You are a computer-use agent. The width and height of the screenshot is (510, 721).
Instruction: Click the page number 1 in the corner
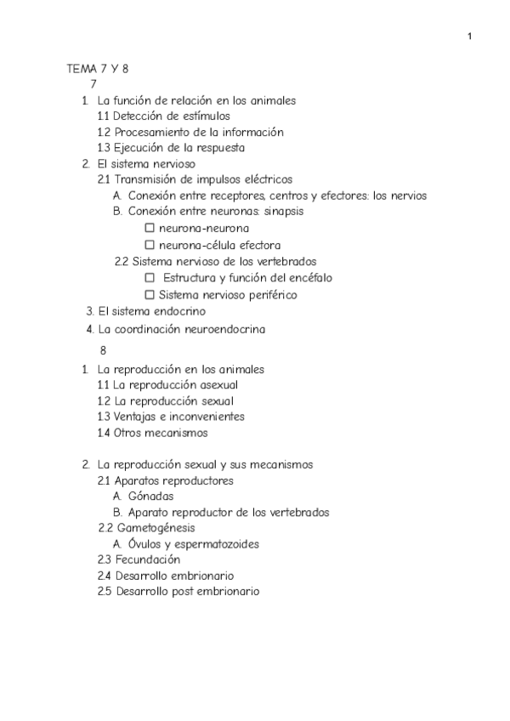[470, 36]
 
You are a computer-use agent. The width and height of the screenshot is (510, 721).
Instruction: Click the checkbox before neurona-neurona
[150, 228]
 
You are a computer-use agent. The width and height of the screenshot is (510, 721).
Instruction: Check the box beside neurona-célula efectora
[150, 245]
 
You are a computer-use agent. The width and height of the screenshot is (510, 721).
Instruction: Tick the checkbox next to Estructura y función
[150, 277]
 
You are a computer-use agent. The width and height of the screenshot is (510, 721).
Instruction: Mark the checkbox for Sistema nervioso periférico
[150, 294]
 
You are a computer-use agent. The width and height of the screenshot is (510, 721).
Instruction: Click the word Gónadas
[151, 497]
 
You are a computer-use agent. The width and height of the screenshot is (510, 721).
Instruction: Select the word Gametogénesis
[151, 528]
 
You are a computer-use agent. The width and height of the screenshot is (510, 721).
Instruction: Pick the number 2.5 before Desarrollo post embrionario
[105, 591]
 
